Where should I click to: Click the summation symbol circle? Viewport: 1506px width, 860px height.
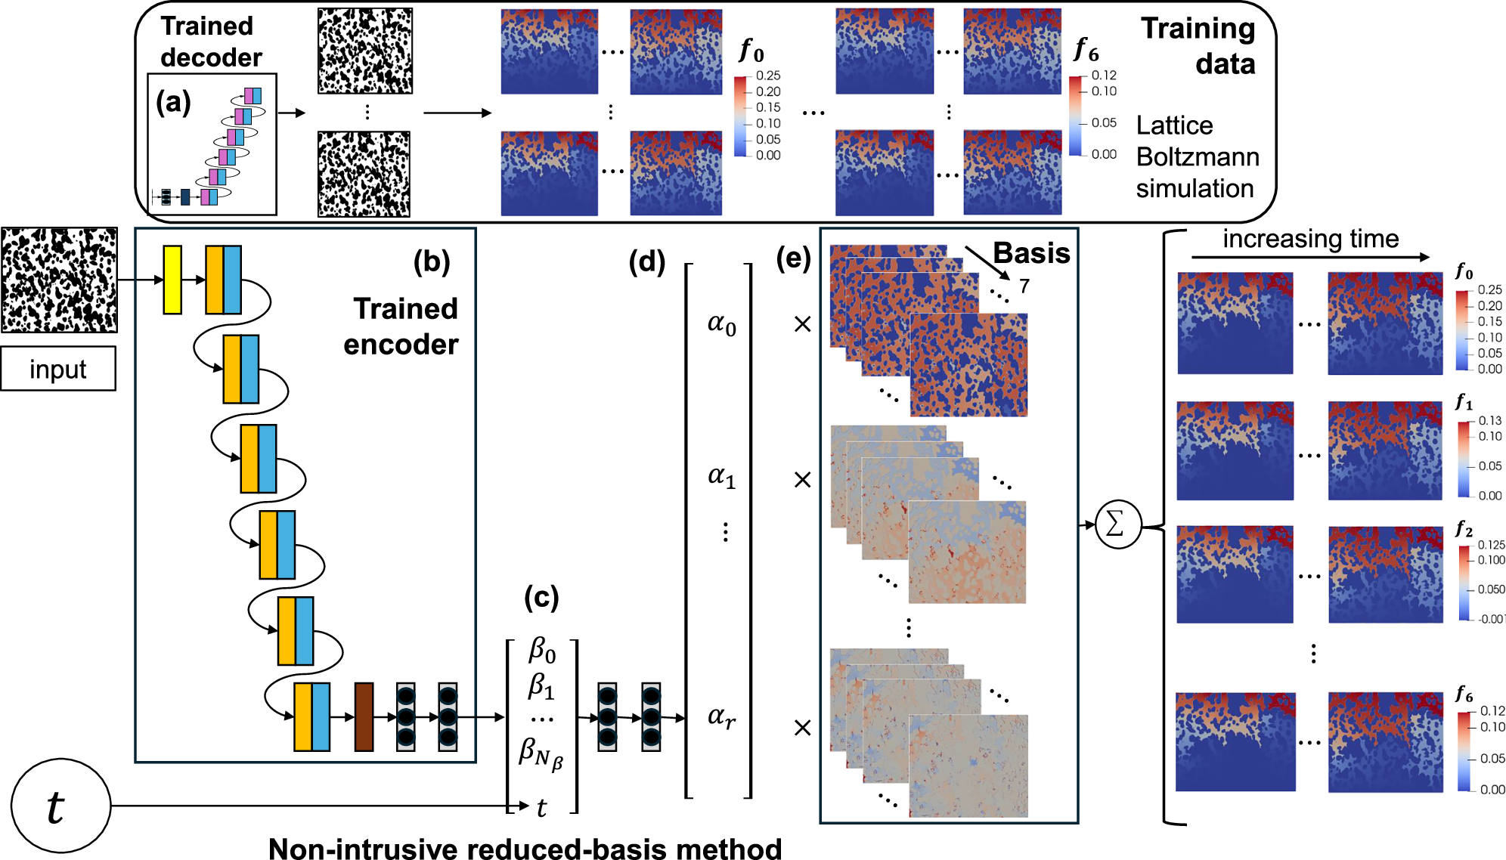tap(1117, 524)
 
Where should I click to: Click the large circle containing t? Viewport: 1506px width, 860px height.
tap(61, 806)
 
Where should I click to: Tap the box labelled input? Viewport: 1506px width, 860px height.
tap(58, 369)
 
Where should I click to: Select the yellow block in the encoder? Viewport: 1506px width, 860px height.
tap(172, 280)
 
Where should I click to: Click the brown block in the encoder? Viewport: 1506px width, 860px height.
tap(364, 716)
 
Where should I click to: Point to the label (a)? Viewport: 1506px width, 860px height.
tap(173, 102)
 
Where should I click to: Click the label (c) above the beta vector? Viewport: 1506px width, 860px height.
tap(541, 597)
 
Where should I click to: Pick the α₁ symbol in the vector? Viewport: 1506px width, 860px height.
tap(721, 476)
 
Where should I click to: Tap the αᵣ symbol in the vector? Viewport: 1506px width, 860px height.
tap(721, 716)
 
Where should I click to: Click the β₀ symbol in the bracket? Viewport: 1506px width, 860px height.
tap(542, 649)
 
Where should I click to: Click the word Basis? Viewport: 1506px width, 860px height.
tap(1031, 253)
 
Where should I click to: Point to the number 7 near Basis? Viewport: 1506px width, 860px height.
tap(1024, 286)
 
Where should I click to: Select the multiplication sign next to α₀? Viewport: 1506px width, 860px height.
tap(802, 324)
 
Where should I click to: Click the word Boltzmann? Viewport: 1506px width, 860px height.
tap(1198, 157)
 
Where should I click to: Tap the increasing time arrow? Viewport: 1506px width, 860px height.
tap(1310, 257)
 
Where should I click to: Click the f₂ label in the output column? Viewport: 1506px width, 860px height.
tap(1464, 529)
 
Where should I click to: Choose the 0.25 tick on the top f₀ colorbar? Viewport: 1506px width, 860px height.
tap(768, 76)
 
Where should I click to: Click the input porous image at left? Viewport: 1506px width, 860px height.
tap(59, 280)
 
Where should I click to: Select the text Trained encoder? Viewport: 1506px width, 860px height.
tap(402, 326)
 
